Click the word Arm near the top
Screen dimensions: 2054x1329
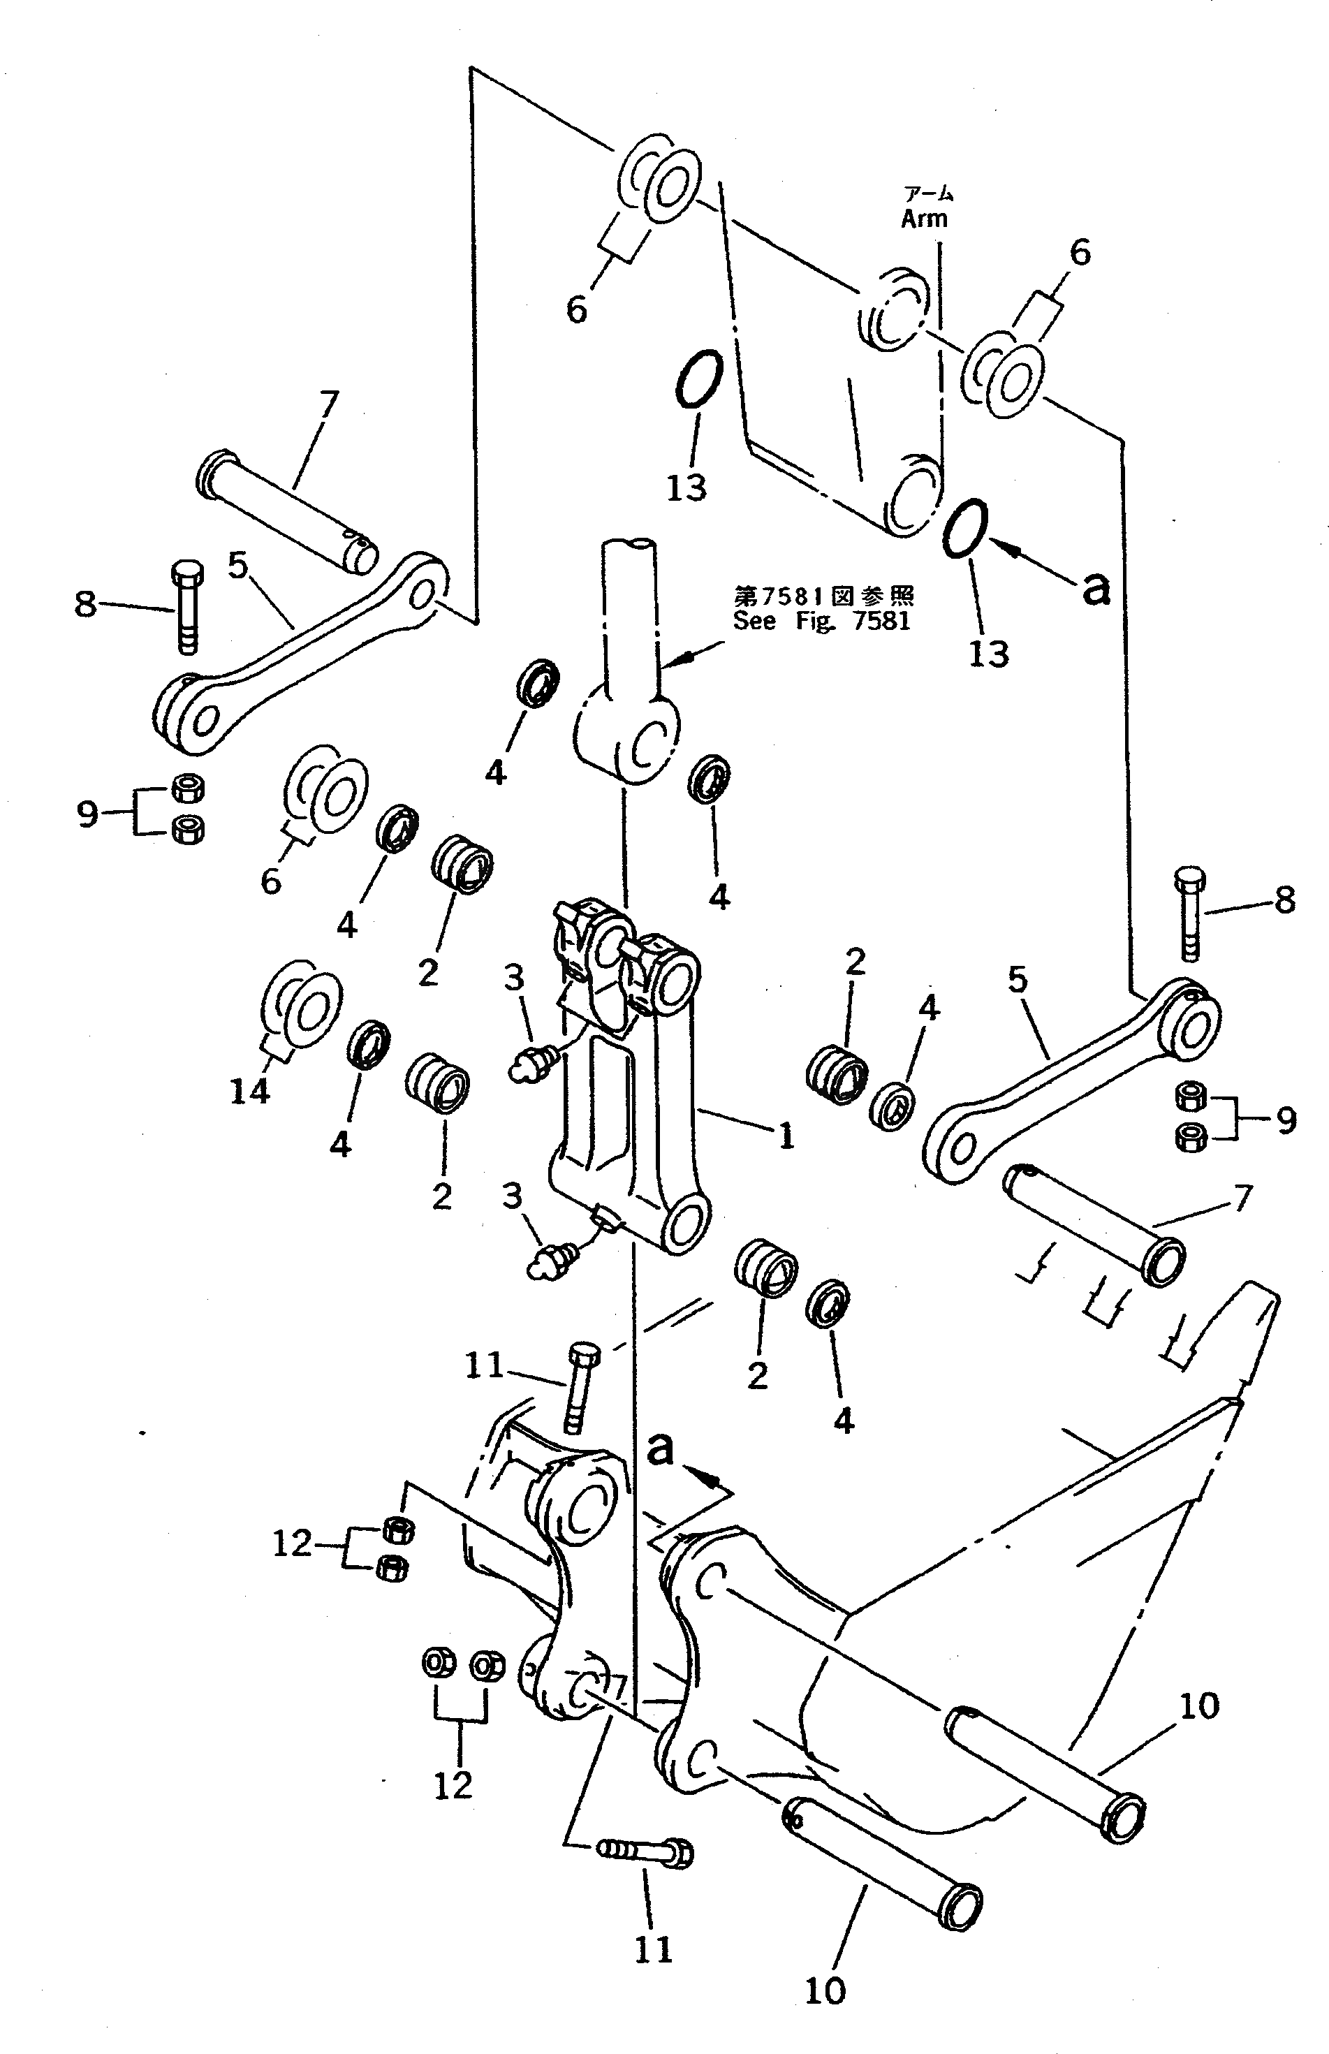[924, 219]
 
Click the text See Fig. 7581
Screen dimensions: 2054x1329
[821, 622]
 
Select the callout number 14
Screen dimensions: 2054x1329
[249, 1092]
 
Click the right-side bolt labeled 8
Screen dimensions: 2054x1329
[1189, 912]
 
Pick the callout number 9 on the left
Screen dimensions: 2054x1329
[87, 812]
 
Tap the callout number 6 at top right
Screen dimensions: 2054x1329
[1080, 253]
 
